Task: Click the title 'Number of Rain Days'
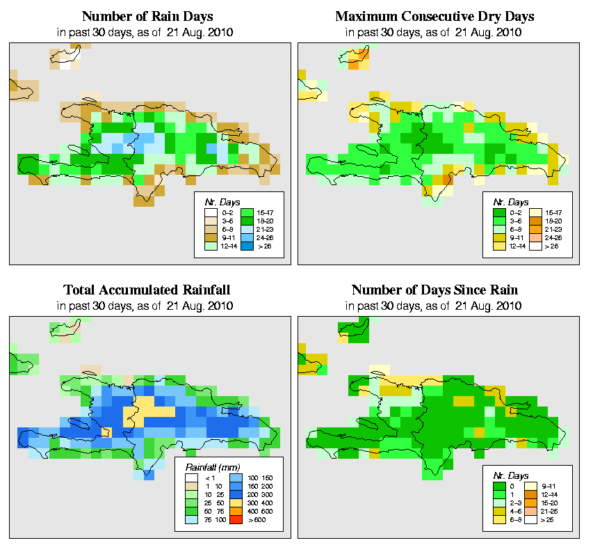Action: point(147,16)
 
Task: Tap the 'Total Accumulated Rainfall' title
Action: point(147,290)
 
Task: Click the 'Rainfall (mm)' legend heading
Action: point(211,467)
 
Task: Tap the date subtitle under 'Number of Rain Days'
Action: point(147,32)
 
